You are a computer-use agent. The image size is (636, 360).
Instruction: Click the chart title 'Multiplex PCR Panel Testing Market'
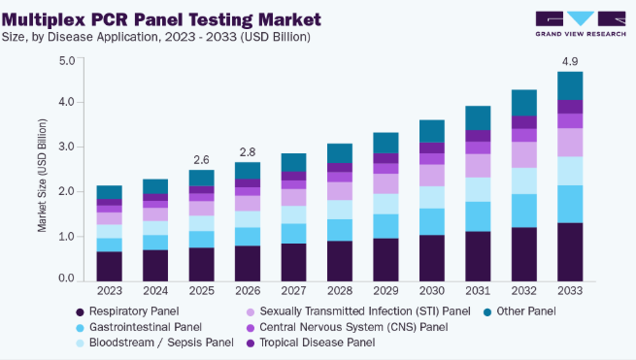(x=161, y=19)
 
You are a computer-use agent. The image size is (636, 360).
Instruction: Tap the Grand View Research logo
(x=581, y=24)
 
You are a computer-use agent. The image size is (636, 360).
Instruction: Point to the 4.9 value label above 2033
(x=570, y=62)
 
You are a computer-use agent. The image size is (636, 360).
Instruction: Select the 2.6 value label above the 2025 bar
(x=201, y=160)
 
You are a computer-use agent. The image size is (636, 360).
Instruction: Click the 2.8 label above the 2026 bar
(x=248, y=152)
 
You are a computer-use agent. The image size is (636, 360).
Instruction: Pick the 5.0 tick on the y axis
(x=67, y=61)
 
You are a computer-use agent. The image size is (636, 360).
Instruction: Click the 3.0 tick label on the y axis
(x=67, y=147)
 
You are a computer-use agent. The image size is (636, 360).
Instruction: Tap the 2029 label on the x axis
(x=385, y=291)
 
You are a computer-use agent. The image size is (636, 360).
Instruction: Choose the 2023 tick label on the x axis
(x=110, y=291)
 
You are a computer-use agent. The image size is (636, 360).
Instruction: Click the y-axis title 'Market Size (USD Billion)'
(x=42, y=176)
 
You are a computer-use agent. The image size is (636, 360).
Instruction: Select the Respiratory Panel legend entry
(x=127, y=311)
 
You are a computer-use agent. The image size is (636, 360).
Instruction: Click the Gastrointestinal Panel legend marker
(x=80, y=328)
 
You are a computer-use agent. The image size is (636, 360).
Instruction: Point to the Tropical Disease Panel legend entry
(x=311, y=343)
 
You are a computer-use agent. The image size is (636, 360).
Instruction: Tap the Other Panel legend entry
(x=519, y=311)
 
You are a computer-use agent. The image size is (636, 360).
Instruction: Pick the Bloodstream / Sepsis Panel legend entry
(x=155, y=343)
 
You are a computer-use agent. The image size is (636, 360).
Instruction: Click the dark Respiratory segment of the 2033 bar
(x=570, y=252)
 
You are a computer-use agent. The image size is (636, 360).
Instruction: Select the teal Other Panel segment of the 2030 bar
(x=432, y=131)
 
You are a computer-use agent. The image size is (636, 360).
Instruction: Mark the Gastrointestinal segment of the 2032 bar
(x=524, y=211)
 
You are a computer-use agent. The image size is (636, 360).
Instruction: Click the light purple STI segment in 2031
(x=478, y=166)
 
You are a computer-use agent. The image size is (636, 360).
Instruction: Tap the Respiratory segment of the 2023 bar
(x=110, y=266)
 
